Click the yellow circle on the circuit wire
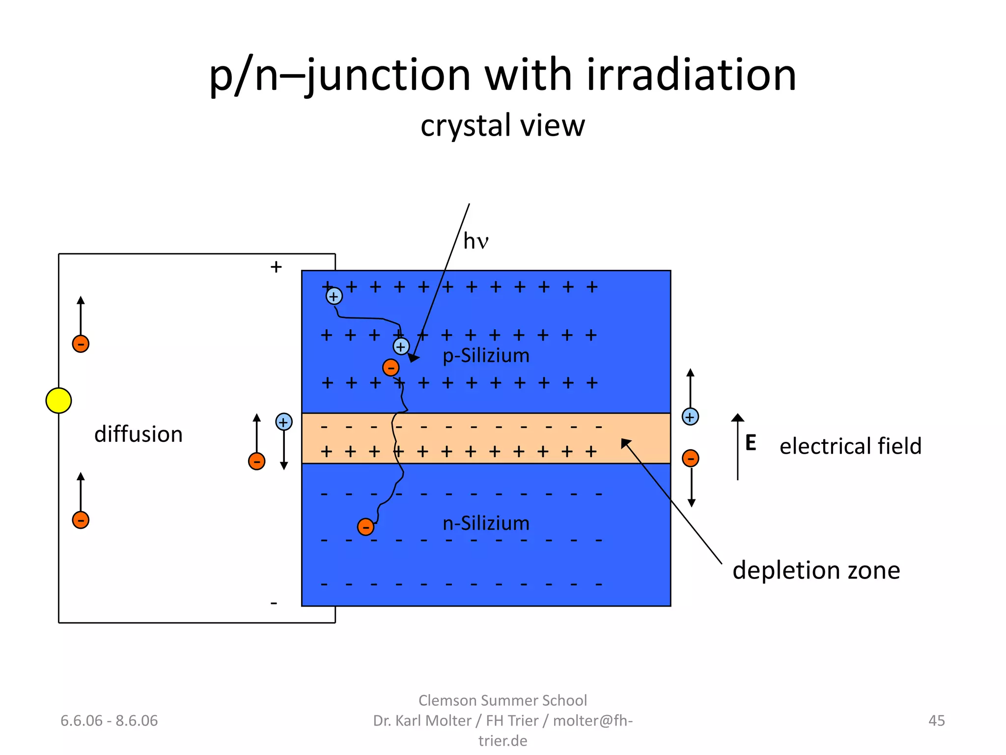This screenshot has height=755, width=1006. [58, 400]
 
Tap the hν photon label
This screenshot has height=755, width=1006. [475, 241]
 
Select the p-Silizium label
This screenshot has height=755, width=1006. [486, 355]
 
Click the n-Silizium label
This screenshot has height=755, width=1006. [486, 523]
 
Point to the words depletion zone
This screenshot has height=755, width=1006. [816, 570]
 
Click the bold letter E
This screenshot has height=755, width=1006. [750, 443]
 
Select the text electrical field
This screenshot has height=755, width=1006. [850, 446]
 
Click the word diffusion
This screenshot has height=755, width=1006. [138, 435]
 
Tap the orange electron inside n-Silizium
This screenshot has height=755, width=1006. [365, 527]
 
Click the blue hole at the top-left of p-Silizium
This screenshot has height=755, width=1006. [334, 296]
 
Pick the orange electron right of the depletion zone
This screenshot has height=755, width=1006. [690, 458]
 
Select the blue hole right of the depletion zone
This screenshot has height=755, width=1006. [690, 417]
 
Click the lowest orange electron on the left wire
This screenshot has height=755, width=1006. [81, 520]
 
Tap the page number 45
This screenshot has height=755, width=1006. [936, 721]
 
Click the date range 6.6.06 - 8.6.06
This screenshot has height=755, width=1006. [109, 721]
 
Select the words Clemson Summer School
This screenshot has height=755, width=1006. [503, 700]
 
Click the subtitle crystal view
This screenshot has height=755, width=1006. [503, 125]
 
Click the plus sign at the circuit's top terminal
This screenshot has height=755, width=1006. [276, 267]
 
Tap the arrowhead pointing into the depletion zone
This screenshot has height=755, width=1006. [625, 443]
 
